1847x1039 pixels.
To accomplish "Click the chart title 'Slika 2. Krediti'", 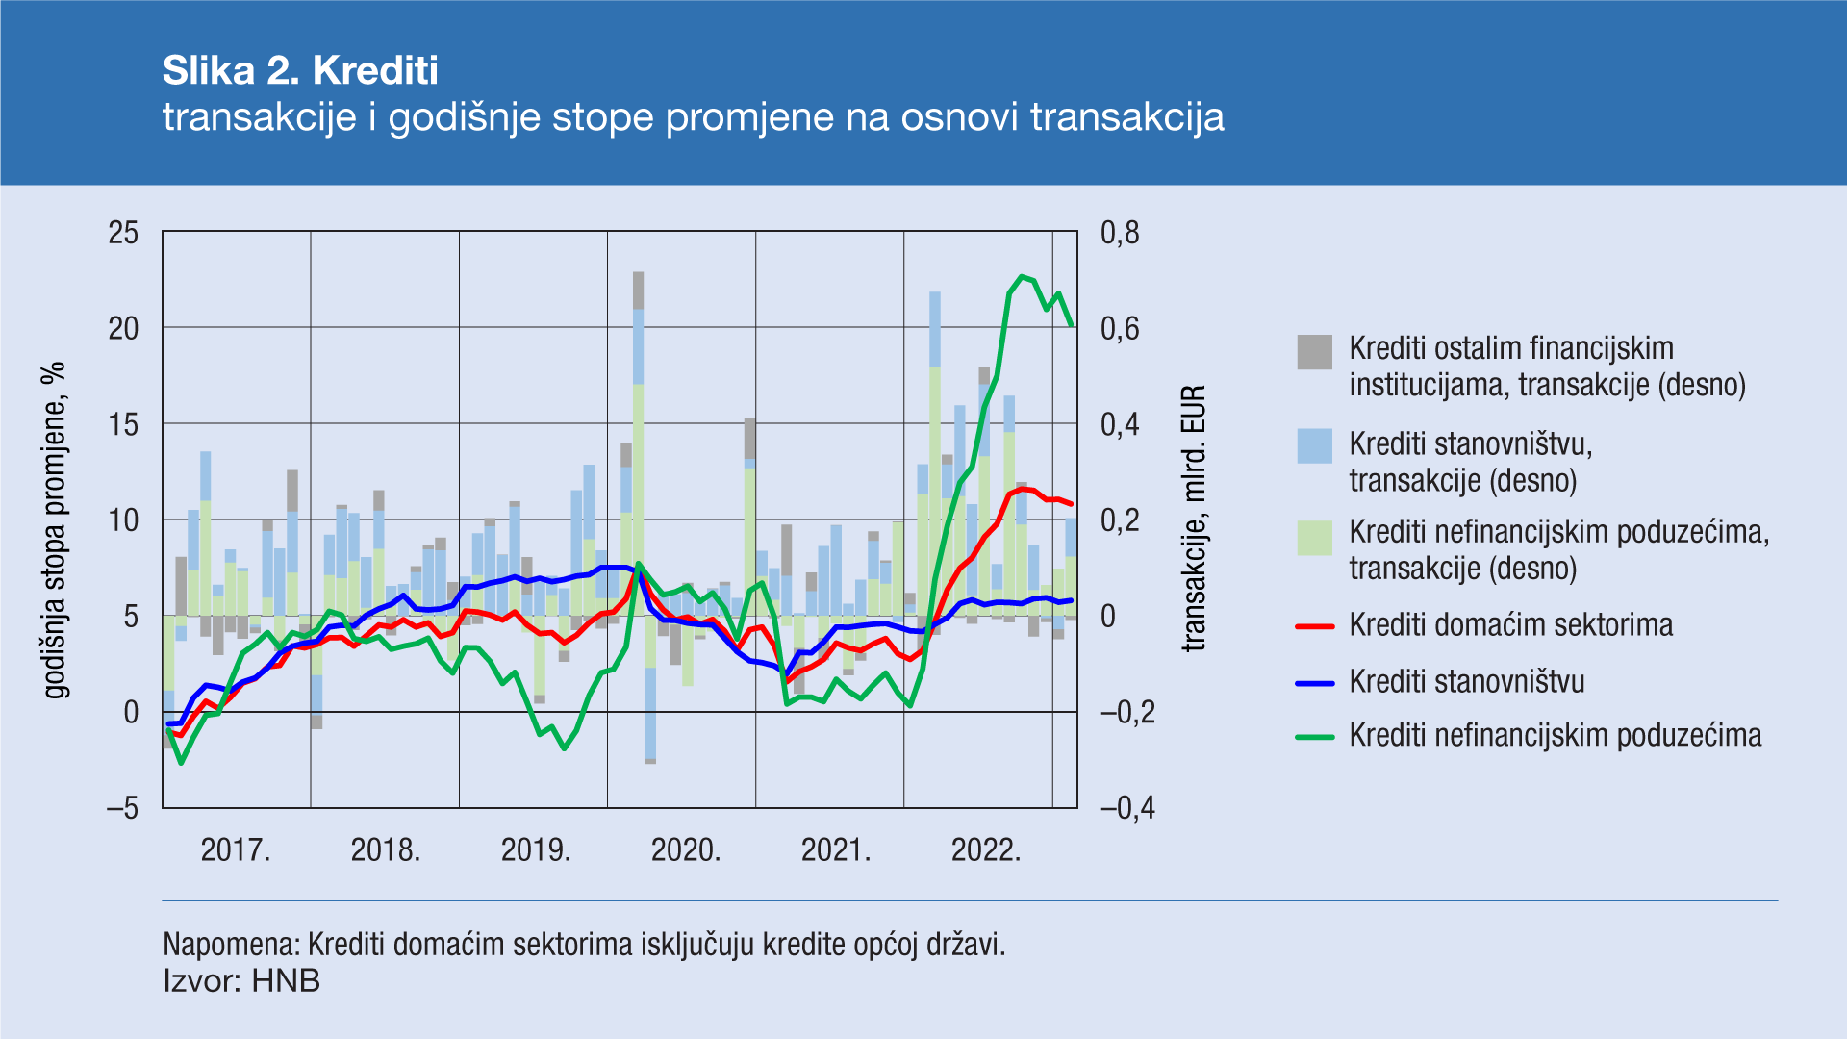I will (300, 70).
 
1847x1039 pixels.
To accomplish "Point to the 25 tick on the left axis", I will (123, 233).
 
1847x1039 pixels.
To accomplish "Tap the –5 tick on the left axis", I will (122, 808).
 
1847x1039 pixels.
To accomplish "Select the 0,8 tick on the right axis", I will (1120, 233).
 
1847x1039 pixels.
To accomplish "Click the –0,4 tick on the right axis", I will (1127, 808).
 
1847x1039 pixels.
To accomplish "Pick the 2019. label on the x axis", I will (536, 850).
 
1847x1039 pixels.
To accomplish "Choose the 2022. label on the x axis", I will (986, 850).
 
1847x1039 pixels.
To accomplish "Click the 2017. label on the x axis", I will (236, 850).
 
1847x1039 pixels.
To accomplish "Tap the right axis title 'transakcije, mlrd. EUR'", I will (1193, 519).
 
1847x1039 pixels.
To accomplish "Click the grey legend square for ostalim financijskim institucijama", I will (1315, 352).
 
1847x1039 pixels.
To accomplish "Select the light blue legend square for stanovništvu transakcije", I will (1315, 446).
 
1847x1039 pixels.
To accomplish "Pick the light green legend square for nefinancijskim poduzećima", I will (1315, 538).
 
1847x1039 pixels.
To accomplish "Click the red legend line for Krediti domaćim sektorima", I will (1315, 626).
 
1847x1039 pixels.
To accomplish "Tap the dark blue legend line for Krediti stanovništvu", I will (1315, 683).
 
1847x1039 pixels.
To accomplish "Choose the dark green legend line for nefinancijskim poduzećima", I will (1315, 737).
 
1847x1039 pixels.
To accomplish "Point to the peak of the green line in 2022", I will (1022, 277).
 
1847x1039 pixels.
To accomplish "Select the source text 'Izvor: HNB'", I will (241, 981).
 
